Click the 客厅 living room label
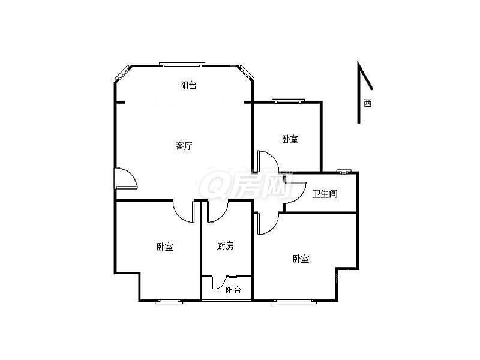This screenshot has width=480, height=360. click(x=184, y=146)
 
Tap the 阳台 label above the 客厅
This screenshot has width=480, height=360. click(x=188, y=86)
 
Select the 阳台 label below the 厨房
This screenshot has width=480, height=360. click(x=233, y=290)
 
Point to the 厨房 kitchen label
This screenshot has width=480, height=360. click(x=225, y=245)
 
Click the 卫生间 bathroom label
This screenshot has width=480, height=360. click(x=325, y=194)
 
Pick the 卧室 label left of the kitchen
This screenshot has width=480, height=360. click(x=165, y=247)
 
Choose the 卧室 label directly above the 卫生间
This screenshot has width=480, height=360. click(x=290, y=139)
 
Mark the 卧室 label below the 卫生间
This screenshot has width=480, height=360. click(x=301, y=259)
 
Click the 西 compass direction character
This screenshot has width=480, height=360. click(x=367, y=103)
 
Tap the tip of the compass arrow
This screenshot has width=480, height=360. click(x=359, y=63)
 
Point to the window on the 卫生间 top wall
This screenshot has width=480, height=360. click(x=343, y=172)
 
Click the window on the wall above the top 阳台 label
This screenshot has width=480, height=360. click(x=182, y=64)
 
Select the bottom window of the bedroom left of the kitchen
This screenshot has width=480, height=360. click(x=169, y=301)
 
